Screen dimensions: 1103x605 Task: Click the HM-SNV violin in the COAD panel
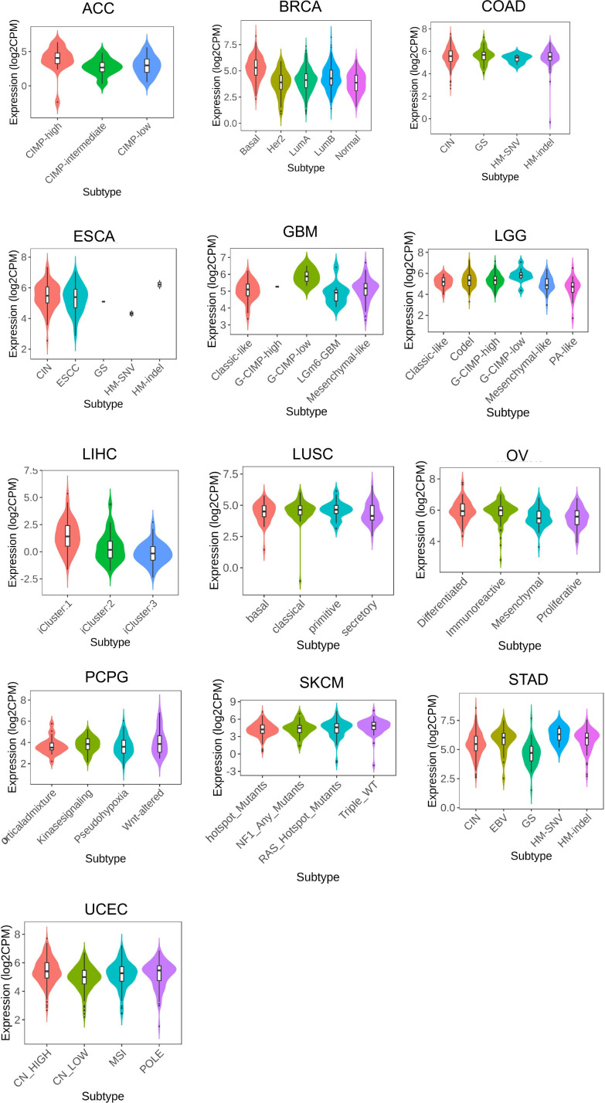(x=517, y=58)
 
